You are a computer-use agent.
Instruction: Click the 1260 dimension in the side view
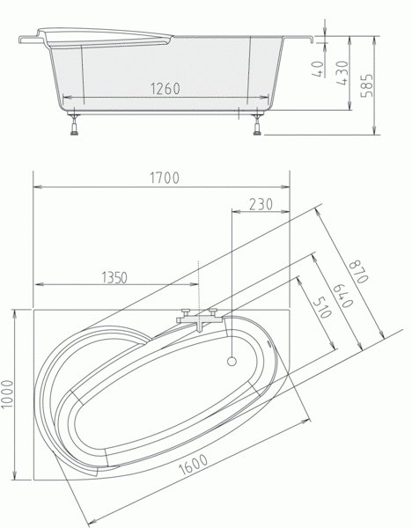point(166,88)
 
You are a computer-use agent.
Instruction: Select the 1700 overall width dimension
point(165,178)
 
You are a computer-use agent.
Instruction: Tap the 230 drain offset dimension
point(261,204)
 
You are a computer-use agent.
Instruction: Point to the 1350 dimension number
point(114,277)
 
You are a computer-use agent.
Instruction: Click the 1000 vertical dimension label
point(7,394)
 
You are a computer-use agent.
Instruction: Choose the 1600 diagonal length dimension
point(193,465)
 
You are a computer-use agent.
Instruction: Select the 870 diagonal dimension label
point(358,272)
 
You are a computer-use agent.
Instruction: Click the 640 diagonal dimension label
point(343,296)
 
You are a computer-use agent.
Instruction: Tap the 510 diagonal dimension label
point(322,308)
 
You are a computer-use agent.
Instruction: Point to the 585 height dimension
point(367,85)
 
